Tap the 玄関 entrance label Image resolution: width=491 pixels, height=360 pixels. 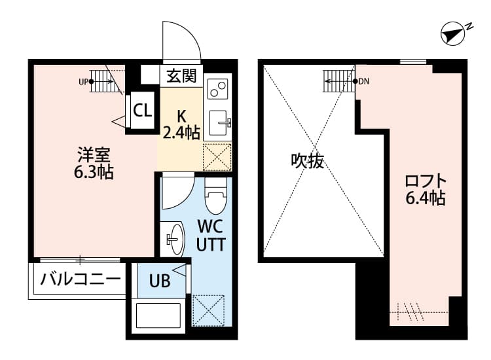(x=181, y=75)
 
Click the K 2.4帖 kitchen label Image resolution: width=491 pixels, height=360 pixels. (x=181, y=122)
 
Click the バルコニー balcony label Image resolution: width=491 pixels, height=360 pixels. (x=81, y=280)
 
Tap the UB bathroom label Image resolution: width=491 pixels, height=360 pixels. (x=160, y=281)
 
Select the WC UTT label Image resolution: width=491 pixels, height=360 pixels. (x=211, y=236)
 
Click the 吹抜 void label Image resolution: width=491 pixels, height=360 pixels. (x=308, y=161)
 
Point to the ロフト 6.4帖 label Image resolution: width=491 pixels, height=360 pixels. (x=426, y=189)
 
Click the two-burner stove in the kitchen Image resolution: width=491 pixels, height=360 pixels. (x=217, y=89)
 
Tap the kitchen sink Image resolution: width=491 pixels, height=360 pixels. (x=218, y=121)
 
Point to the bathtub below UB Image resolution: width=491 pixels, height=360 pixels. (x=159, y=316)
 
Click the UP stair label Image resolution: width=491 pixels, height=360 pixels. (x=83, y=82)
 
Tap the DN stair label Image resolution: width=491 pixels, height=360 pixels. (x=364, y=82)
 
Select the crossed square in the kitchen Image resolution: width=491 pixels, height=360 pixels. (x=217, y=156)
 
